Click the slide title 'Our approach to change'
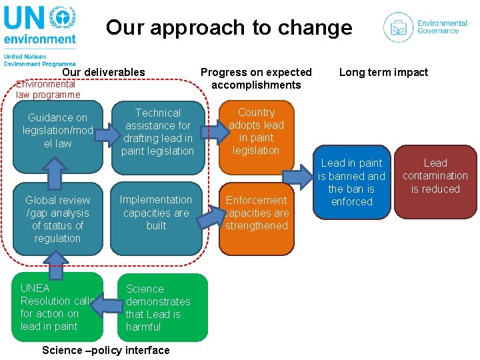pyautogui.click(x=229, y=27)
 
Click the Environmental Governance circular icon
pyautogui.click(x=398, y=27)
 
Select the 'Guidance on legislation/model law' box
pyautogui.click(x=57, y=131)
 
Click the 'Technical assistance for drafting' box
pyautogui.click(x=158, y=132)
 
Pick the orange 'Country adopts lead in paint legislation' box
pyautogui.click(x=256, y=131)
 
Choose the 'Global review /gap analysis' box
pyautogui.click(x=57, y=219)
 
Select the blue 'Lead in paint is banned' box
pyautogui.click(x=352, y=182)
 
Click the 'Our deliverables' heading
pyautogui.click(x=103, y=72)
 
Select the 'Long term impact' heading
pyautogui.click(x=383, y=72)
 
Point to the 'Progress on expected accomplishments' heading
pyautogui.click(x=256, y=78)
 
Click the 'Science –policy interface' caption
pyautogui.click(x=105, y=350)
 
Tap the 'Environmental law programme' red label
pyautogui.click(x=48, y=89)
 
